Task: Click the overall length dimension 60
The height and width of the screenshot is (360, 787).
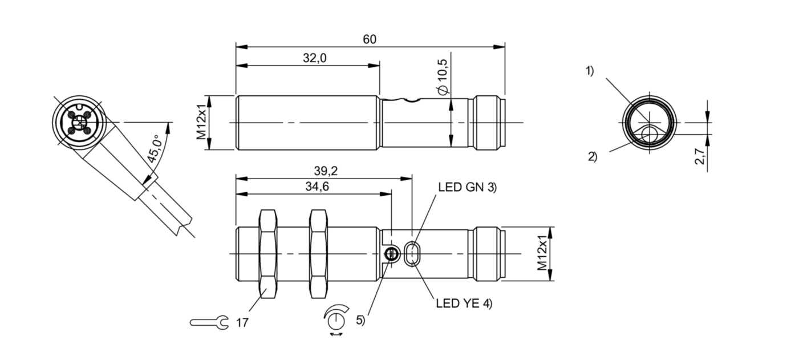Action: [x=370, y=39]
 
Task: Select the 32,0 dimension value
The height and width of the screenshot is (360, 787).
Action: [x=314, y=58]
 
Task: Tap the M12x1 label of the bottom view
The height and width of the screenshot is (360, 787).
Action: [x=543, y=254]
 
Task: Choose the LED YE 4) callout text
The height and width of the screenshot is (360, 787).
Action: [x=463, y=304]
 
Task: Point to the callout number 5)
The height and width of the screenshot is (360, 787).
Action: [x=360, y=320]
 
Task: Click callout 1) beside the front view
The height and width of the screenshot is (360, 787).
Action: [x=589, y=71]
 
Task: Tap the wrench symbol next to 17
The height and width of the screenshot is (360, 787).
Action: [x=209, y=323]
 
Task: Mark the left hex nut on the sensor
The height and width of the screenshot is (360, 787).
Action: [x=268, y=253]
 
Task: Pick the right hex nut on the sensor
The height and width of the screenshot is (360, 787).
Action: [x=319, y=253]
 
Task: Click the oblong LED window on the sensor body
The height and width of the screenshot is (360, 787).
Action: [x=412, y=254]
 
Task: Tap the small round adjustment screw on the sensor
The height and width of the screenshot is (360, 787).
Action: [x=391, y=254]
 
